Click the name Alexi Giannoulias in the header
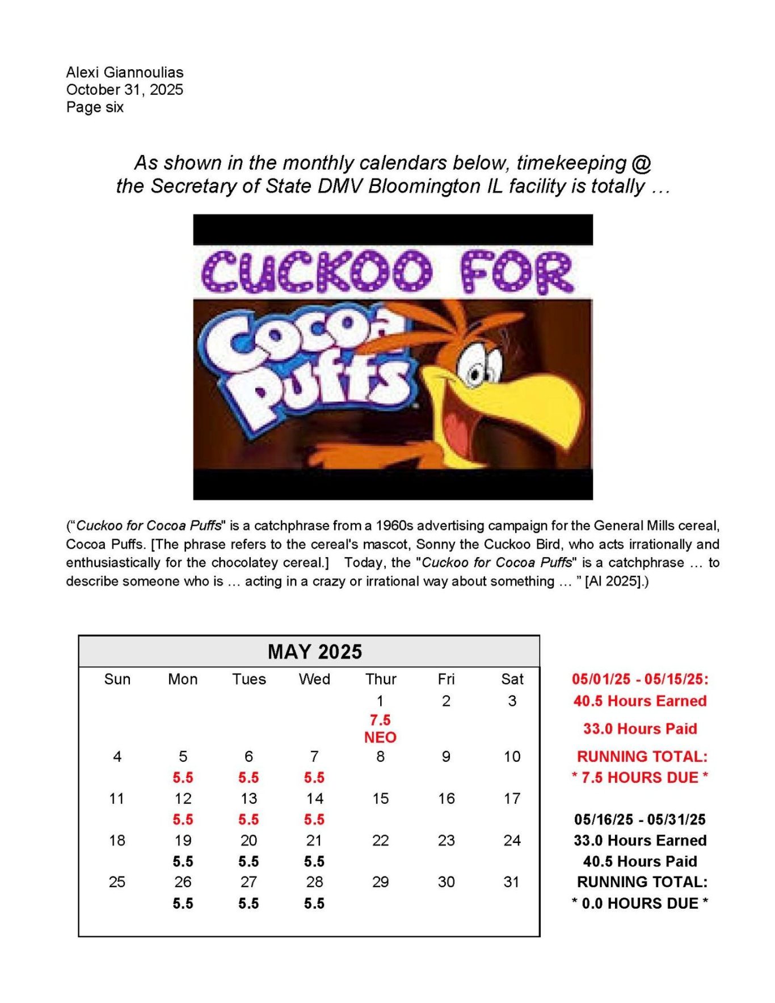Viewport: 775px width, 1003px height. coord(124,72)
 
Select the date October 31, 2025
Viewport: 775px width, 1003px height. coord(124,90)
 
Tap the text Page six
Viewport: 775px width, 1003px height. coord(95,107)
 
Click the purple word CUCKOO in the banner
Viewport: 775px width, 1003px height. coord(317,272)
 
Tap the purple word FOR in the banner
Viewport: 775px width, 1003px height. coord(516,272)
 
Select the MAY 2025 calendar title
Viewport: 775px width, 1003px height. coord(314,651)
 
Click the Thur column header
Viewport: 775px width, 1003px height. coord(380,679)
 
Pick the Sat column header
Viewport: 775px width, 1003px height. coord(512,679)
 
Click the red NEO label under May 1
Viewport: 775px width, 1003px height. coord(380,737)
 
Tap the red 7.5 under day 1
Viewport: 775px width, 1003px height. coord(380,720)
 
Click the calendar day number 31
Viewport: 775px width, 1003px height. coord(511,882)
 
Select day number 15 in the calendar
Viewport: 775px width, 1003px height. coord(380,798)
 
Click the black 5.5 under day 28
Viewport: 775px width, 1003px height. coord(314,903)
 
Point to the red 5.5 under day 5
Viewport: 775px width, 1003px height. coord(183,777)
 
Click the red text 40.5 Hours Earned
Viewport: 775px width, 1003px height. coord(640,701)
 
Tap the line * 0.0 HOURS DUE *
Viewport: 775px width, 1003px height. coord(640,903)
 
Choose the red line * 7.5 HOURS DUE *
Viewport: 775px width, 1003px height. coord(640,777)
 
